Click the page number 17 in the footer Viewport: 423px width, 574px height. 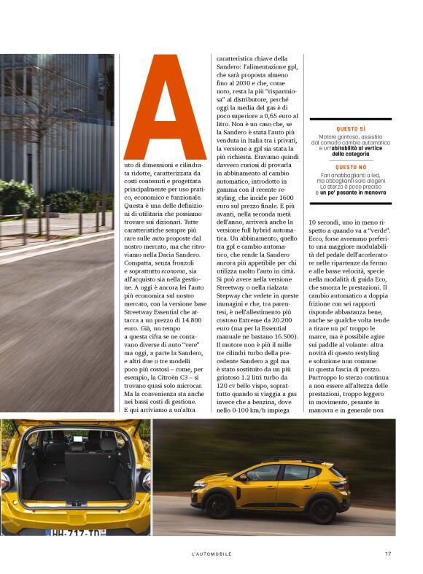coord(388,554)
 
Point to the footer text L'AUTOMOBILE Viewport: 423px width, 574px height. coord(211,554)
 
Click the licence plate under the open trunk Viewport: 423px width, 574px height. coord(73,533)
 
